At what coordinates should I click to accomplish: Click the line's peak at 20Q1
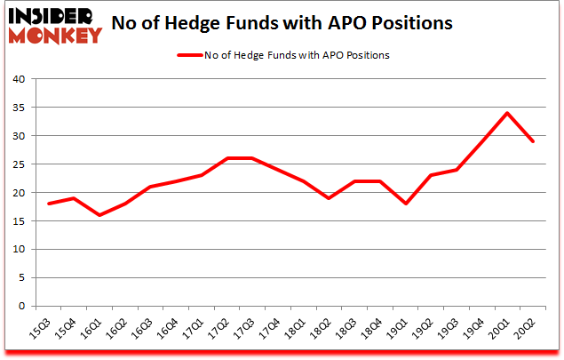[507, 113]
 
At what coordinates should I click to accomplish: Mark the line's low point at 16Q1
[99, 215]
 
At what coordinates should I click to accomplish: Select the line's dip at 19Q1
[405, 204]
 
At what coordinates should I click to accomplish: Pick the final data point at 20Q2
[533, 141]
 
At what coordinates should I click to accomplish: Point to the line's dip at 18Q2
[329, 198]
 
